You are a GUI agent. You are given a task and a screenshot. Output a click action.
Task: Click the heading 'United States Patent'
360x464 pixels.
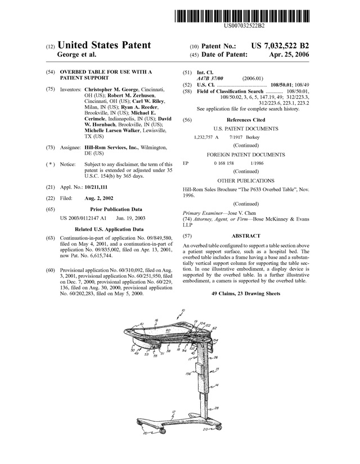tap(104, 45)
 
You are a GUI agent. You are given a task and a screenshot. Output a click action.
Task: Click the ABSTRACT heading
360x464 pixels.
tap(246, 236)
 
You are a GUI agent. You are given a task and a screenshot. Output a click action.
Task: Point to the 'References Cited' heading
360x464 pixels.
tap(246, 120)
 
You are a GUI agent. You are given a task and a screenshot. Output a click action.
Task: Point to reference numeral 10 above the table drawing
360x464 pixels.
tap(182, 310)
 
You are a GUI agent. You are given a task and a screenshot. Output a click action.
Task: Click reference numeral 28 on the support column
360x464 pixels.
tap(217, 408)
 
